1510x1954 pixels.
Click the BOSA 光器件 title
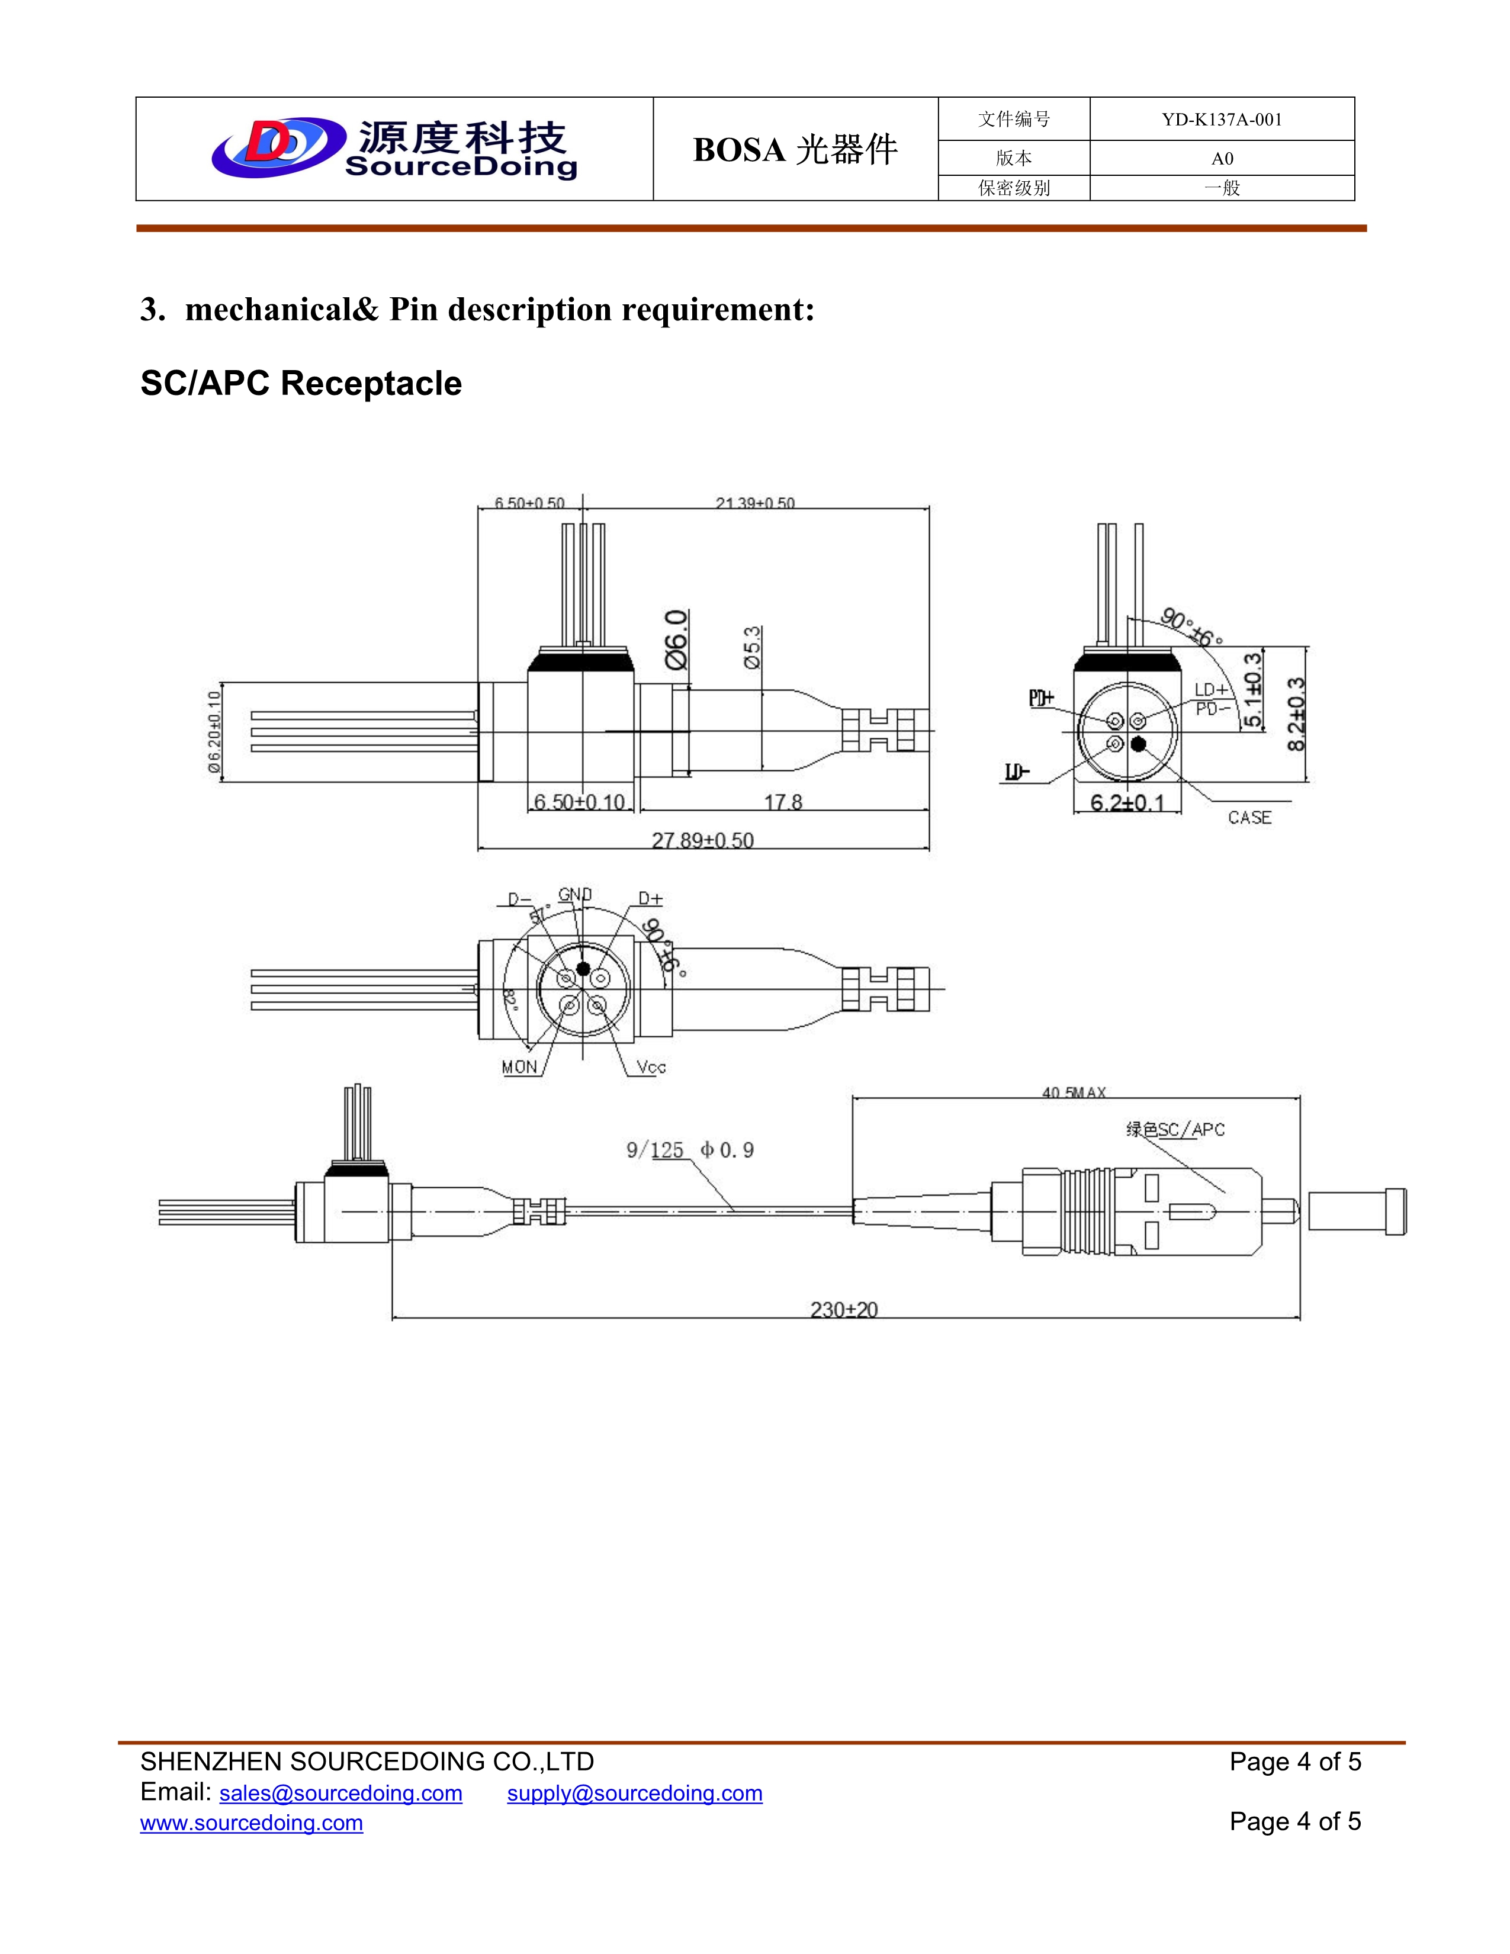tap(794, 149)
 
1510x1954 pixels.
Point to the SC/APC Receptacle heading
tap(301, 383)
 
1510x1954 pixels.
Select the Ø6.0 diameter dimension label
tap(677, 639)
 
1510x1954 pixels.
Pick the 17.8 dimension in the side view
tap(783, 802)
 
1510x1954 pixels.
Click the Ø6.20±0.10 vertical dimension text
tap(213, 731)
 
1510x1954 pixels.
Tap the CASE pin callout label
tap(1249, 817)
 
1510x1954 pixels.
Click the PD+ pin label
tap(1041, 699)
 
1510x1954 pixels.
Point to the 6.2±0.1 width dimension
tap(1127, 802)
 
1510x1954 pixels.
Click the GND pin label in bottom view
tap(574, 894)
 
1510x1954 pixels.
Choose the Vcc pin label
tap(651, 1066)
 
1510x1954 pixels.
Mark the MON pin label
tap(519, 1066)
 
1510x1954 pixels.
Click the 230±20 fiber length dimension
tap(844, 1310)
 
